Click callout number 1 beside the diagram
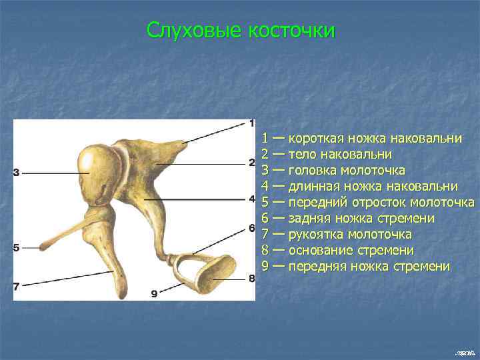(x=251, y=123)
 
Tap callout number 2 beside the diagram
(x=251, y=163)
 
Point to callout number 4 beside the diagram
(x=251, y=199)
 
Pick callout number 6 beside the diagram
(x=251, y=229)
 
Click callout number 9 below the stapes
(x=154, y=293)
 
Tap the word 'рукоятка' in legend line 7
(x=315, y=235)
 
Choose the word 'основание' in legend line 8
(x=319, y=251)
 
